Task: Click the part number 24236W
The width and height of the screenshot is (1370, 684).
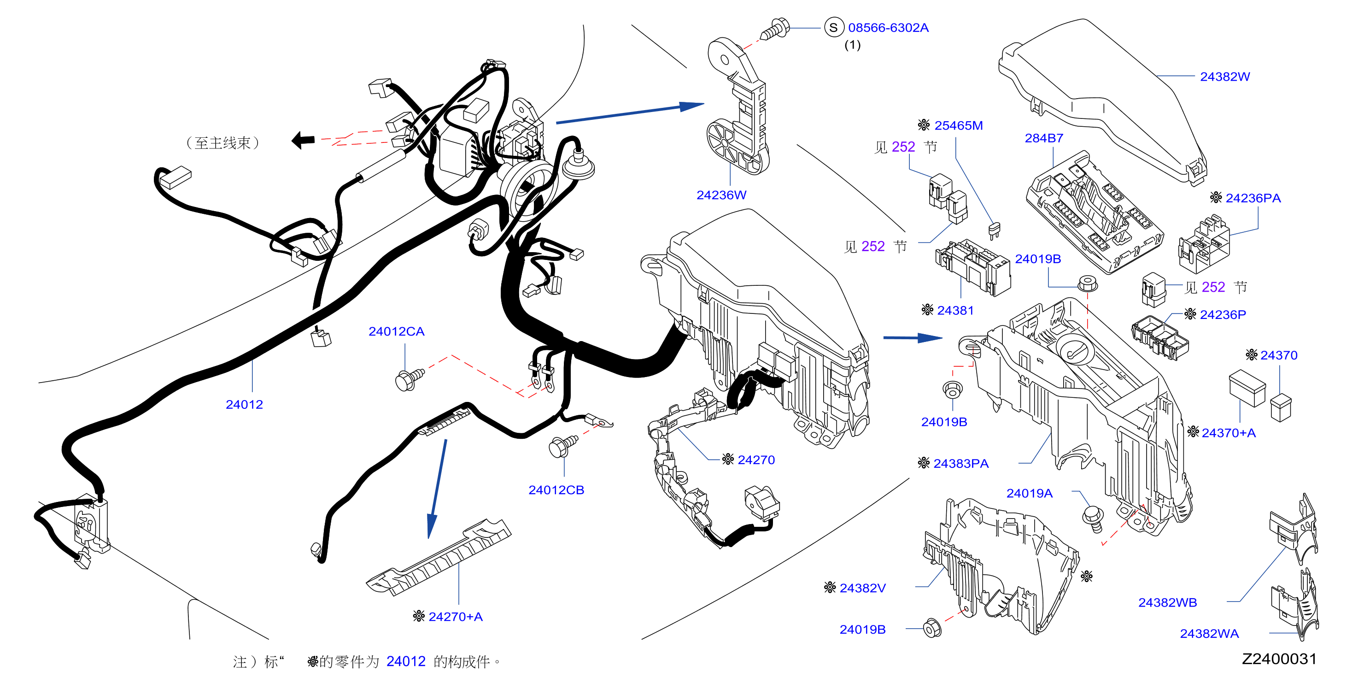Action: (721, 195)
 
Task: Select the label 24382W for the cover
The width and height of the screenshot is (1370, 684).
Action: (1225, 77)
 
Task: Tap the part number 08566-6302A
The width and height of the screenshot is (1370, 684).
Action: (888, 28)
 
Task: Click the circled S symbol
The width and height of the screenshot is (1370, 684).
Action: (833, 28)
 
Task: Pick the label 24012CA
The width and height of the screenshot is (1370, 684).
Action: (396, 331)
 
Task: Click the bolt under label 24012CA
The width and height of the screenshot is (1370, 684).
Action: (410, 379)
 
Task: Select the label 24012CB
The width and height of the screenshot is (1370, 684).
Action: (556, 490)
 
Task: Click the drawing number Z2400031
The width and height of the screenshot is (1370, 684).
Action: (1279, 659)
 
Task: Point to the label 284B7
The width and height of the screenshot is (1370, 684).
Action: (1044, 138)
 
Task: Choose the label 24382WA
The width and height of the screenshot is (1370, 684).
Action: (1209, 634)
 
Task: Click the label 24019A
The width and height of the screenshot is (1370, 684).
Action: (1029, 494)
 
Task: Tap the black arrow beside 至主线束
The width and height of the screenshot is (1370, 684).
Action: (303, 141)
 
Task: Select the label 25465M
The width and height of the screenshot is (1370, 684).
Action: (958, 126)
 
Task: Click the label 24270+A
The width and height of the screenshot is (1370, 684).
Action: (455, 617)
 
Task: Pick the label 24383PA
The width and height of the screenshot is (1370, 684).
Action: (961, 464)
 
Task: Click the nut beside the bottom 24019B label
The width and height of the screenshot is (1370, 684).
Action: (932, 628)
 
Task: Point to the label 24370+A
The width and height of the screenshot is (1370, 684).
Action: (1229, 433)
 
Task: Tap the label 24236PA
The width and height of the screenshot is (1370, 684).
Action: (1253, 199)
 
